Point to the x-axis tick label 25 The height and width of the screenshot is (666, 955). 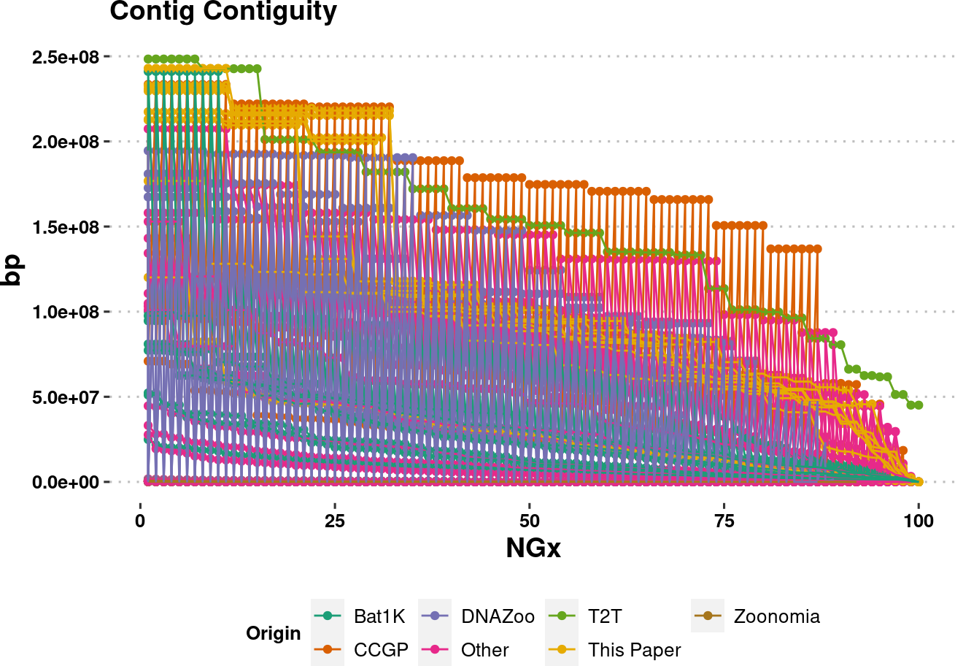coord(334,506)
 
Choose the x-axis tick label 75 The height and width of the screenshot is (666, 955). coord(724,506)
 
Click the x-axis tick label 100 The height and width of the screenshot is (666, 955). coord(919,506)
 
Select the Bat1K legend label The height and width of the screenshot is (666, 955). coord(379,616)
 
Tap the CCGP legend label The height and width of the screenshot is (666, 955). coord(381,650)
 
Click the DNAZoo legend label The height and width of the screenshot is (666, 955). coord(498,616)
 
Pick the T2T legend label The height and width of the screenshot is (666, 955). coord(606,616)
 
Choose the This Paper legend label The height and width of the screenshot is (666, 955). coord(634,650)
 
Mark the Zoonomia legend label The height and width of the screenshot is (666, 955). coord(776,616)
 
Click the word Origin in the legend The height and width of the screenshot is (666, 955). coord(274,633)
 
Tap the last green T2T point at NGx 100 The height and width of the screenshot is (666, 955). coord(919,405)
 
